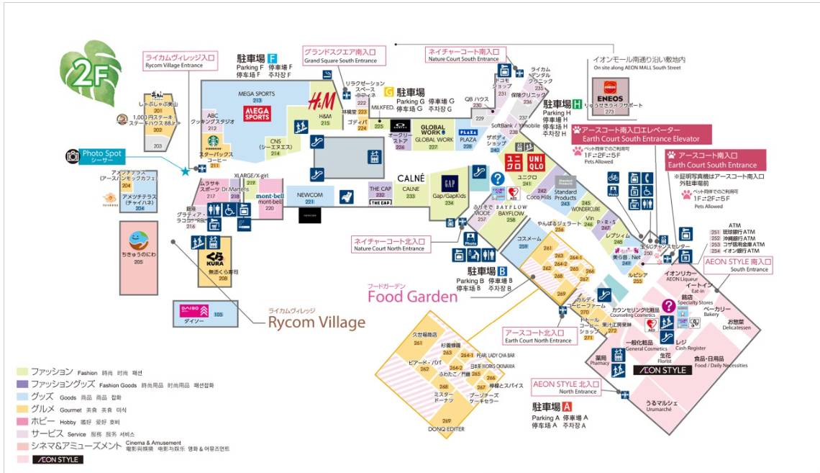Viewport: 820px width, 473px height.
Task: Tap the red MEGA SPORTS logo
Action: (257, 113)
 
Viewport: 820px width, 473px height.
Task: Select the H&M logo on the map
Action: (321, 102)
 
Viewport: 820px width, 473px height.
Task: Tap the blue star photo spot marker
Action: (186, 171)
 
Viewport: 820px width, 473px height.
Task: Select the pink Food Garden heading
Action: (412, 296)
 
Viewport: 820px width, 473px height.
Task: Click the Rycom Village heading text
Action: (316, 322)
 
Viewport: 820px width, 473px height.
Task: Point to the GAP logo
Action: (450, 184)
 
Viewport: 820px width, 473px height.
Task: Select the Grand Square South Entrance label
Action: (344, 55)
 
